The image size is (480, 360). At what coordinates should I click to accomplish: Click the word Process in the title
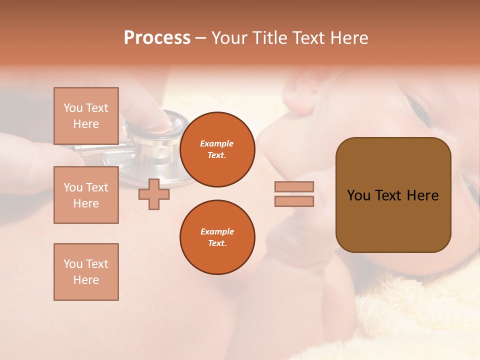[x=157, y=38]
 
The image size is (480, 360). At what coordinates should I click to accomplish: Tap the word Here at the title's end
[x=347, y=38]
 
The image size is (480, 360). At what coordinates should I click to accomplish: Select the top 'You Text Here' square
[x=86, y=116]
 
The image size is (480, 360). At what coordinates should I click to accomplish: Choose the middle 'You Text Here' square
[x=86, y=195]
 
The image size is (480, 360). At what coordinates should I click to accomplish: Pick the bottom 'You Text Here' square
[x=86, y=271]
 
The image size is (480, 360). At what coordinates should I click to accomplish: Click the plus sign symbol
[x=154, y=194]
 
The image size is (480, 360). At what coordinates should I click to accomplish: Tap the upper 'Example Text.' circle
[x=217, y=149]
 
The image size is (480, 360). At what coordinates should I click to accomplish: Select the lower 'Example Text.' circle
[x=217, y=237]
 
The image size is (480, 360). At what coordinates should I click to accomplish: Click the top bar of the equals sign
[x=294, y=187]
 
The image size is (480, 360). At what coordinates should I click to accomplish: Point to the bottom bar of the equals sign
[x=294, y=201]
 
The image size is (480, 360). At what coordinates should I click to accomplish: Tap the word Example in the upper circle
[x=217, y=143]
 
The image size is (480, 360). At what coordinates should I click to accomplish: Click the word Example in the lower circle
[x=217, y=231]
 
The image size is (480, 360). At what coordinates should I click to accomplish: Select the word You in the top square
[x=73, y=108]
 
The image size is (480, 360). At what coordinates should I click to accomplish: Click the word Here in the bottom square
[x=86, y=280]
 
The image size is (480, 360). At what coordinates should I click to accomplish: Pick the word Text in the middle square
[x=96, y=187]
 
